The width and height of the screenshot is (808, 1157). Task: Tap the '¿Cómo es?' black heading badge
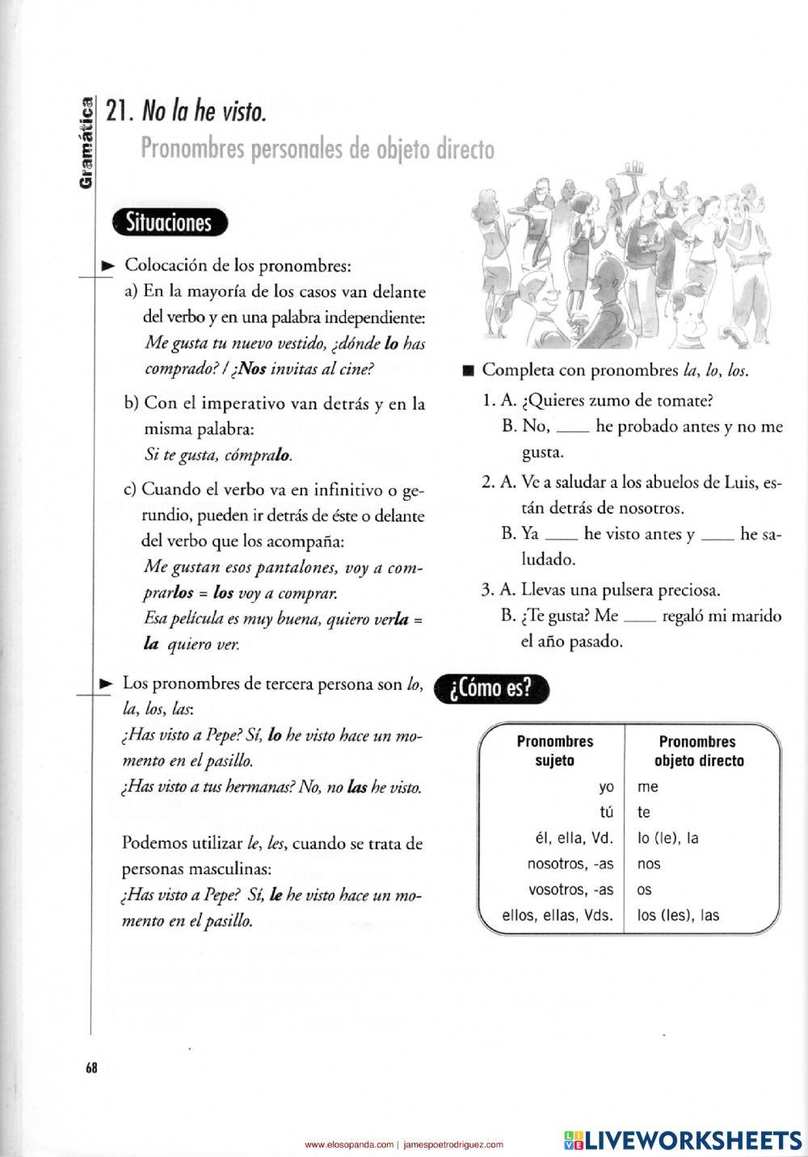491,689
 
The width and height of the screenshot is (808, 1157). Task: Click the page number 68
90,1068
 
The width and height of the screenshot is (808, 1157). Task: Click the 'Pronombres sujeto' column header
554,751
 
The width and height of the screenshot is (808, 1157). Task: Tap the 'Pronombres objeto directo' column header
698,751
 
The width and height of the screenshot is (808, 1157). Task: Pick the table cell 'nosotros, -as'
570,864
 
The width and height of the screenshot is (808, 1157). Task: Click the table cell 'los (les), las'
678,915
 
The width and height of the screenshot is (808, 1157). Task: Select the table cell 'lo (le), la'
668,838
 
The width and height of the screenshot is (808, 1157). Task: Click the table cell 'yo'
606,786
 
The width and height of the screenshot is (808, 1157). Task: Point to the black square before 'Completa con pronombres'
466,371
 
